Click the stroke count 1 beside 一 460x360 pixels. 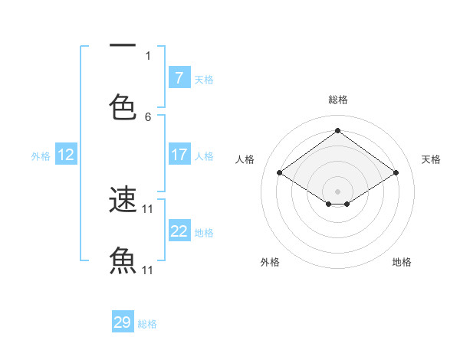click(148, 56)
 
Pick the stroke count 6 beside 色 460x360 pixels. click(148, 116)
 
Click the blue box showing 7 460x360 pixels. click(179, 78)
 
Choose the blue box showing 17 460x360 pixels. click(179, 155)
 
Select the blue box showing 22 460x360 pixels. click(179, 231)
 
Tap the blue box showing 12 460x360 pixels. click(66, 155)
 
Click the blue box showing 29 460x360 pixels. click(123, 322)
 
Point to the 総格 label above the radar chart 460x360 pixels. click(338, 100)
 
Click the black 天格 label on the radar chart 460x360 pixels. click(431, 159)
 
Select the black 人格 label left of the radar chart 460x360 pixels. click(245, 159)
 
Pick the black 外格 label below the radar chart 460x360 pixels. click(270, 262)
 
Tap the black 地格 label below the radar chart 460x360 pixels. click(402, 262)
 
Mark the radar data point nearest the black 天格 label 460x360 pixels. click(396, 173)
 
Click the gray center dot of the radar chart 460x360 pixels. click(337, 191)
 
